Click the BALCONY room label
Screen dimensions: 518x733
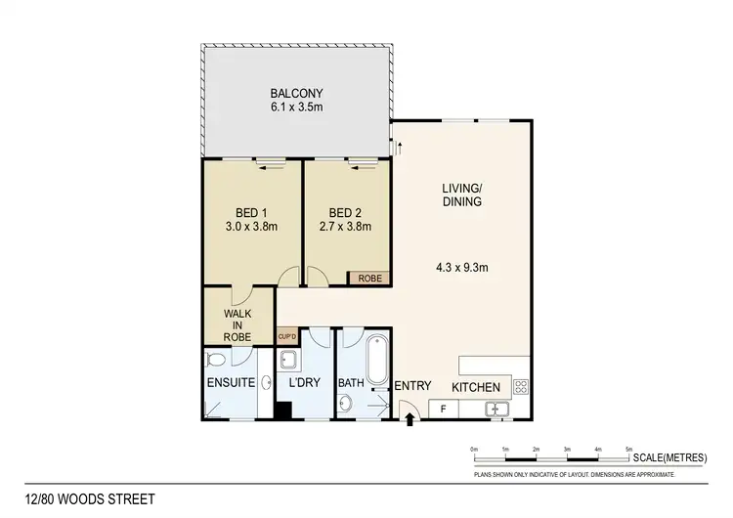pyautogui.click(x=298, y=95)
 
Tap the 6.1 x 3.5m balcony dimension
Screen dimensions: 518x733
pyautogui.click(x=298, y=109)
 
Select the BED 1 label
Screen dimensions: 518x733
pyautogui.click(x=251, y=213)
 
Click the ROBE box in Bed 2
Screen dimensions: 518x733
pyautogui.click(x=370, y=278)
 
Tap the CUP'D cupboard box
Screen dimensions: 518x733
pyautogui.click(x=287, y=336)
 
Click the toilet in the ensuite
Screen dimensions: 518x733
pyautogui.click(x=216, y=360)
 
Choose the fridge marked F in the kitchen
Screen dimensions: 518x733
pyautogui.click(x=443, y=408)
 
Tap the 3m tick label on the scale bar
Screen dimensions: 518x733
pyautogui.click(x=567, y=449)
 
